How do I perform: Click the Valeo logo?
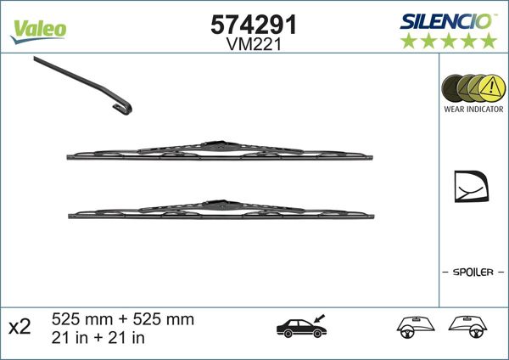38,28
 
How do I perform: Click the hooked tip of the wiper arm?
125,106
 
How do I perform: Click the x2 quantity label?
20,328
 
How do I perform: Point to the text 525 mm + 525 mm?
123,319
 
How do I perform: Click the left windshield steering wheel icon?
416,328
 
